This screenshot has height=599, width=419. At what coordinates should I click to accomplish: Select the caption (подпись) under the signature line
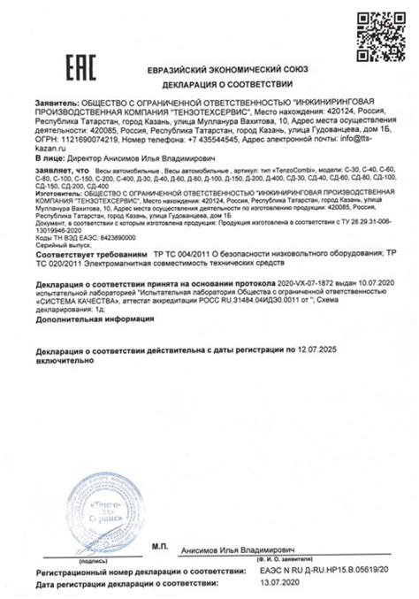95,559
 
